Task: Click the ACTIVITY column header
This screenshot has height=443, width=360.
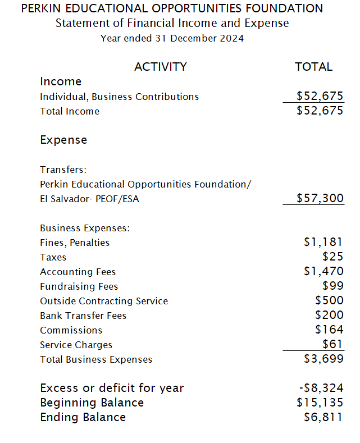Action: [x=160, y=67]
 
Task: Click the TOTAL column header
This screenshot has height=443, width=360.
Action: [x=313, y=67]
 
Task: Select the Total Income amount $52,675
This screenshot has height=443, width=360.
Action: [x=320, y=111]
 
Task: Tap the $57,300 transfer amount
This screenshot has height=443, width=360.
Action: [x=320, y=198]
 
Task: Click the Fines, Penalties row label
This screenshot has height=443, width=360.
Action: [x=75, y=243]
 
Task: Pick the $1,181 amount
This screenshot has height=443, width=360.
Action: [x=323, y=243]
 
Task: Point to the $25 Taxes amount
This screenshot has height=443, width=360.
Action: [x=332, y=257]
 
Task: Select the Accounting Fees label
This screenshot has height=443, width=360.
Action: [x=78, y=272]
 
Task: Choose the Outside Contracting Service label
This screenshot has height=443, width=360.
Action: [x=104, y=301]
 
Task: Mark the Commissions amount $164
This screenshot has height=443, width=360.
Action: [x=329, y=330]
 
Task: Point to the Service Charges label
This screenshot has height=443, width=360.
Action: [x=76, y=345]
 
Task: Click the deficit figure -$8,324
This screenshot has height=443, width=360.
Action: [x=320, y=388]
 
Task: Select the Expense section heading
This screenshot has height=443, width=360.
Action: [x=63, y=140]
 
